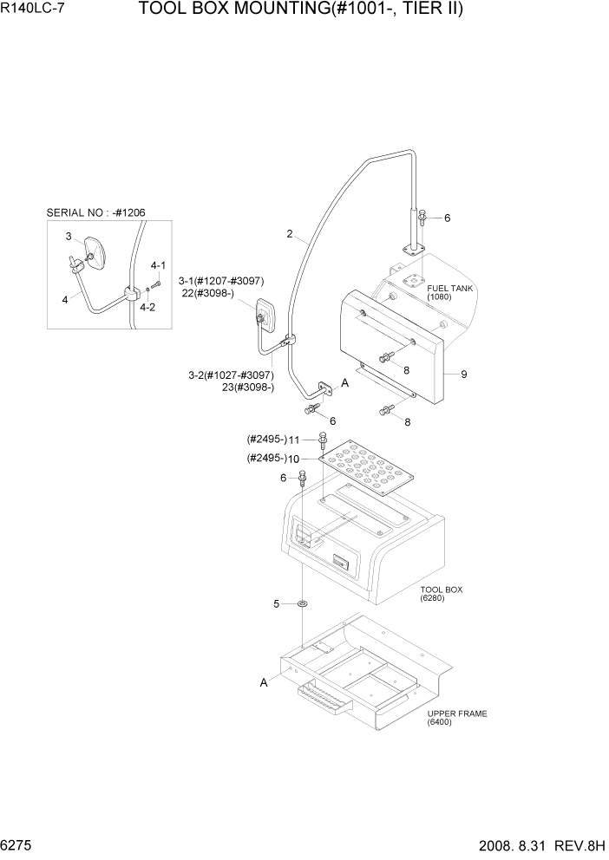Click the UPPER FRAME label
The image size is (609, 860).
457,713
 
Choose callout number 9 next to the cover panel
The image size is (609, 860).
464,375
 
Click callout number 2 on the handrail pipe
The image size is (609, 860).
291,233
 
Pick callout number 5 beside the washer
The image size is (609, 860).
277,603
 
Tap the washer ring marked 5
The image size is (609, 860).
302,603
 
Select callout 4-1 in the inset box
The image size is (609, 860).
158,265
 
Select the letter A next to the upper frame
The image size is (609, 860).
263,683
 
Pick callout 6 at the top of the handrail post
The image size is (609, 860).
447,218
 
